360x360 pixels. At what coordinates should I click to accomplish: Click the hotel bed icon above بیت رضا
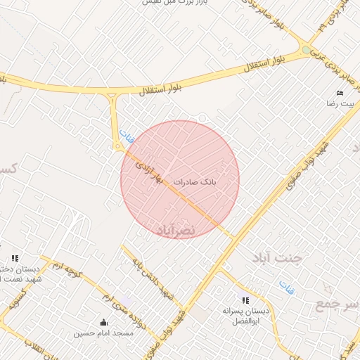pos(340,94)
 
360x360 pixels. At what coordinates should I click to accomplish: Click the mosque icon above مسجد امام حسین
pos(104,323)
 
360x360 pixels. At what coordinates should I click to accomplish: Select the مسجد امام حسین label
pos(103,333)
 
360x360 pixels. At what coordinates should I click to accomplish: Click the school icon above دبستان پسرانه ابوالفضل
pos(245,301)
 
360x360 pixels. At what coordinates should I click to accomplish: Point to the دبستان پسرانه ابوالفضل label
pos(245,315)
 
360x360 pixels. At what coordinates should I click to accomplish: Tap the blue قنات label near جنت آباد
pos(286,286)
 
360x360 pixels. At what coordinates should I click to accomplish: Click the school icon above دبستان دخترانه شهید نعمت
pos(15,258)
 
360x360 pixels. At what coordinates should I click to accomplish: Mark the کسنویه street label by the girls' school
pos(14,302)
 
